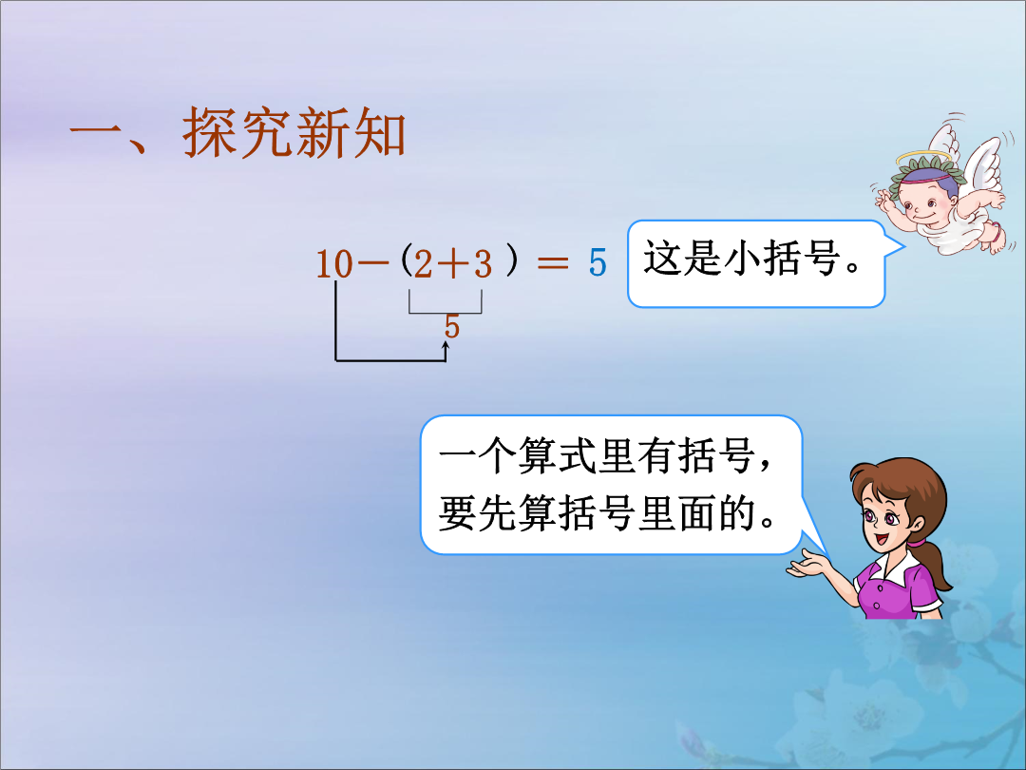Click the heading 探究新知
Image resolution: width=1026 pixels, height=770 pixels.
(x=294, y=133)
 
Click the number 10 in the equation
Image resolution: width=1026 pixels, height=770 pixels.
(x=334, y=264)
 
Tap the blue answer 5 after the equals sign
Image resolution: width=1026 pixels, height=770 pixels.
(x=598, y=263)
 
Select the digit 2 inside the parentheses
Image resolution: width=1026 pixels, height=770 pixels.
(x=424, y=264)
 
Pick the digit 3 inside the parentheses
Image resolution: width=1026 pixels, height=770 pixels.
(x=483, y=264)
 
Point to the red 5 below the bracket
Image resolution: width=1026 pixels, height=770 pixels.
(x=451, y=326)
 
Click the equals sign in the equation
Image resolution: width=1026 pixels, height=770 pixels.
(x=553, y=263)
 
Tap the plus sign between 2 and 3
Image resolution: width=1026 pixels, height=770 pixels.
(x=453, y=264)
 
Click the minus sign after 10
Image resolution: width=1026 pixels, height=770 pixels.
(x=374, y=264)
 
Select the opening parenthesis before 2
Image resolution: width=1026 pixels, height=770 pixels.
(x=407, y=260)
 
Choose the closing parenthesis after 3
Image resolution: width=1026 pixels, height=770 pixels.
(x=512, y=260)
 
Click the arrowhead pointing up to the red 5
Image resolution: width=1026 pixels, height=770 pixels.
(x=446, y=346)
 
